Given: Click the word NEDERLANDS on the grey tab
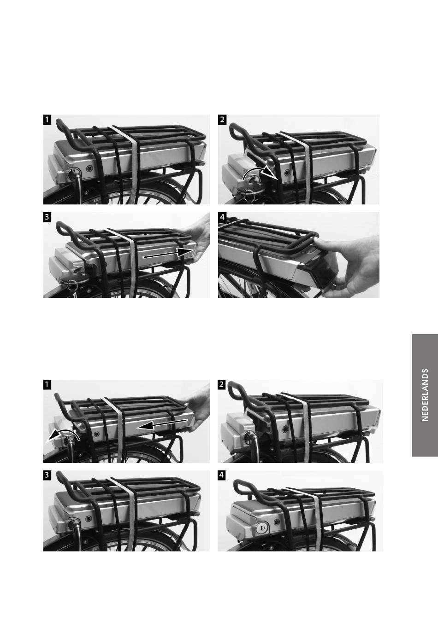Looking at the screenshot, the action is coord(425,395).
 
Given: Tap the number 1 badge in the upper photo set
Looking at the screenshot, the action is coord(47,120).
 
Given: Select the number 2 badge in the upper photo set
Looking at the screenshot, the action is coord(222,120).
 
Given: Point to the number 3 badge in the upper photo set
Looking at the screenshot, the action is coord(47,217).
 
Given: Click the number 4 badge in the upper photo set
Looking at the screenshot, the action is coord(222,217).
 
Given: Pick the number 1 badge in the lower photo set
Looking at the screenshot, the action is coord(47,385).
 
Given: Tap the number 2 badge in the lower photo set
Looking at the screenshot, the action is coord(221,385).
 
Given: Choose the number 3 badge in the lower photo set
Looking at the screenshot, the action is coord(47,475).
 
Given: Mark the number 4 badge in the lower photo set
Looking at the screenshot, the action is coord(221,475).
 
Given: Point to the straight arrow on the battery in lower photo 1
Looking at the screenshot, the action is coord(162,424).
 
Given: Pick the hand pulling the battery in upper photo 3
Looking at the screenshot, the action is coord(198,238).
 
